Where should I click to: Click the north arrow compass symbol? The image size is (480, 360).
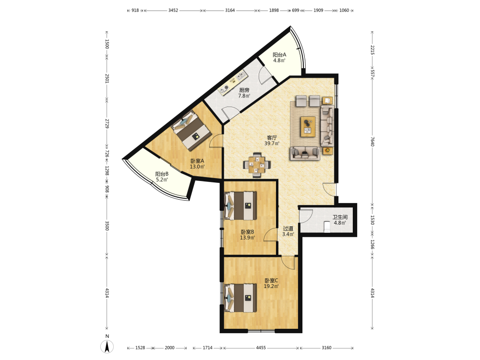coord(107,347)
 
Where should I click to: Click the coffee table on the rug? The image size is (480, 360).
coord(308,127)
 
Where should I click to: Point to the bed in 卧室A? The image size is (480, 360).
coord(192,131)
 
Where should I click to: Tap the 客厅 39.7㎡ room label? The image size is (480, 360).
coord(272,141)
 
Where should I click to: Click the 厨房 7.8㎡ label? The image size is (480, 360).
coord(244,93)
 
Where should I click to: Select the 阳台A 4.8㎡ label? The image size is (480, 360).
coord(279,58)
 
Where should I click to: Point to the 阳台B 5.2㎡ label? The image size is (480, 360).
coord(162,177)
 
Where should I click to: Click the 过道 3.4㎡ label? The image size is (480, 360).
coord(288,231)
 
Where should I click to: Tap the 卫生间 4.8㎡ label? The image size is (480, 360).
coord(340,220)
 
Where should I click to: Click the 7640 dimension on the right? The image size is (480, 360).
coord(372,141)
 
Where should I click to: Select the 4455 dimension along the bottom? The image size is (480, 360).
coord(261,348)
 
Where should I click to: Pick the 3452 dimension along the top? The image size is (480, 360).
coord(173,10)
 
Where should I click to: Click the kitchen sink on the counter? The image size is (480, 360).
coord(240,75)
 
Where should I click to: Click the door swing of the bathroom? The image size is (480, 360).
coord(306,216)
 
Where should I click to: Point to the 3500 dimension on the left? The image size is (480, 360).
coord(107,226)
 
